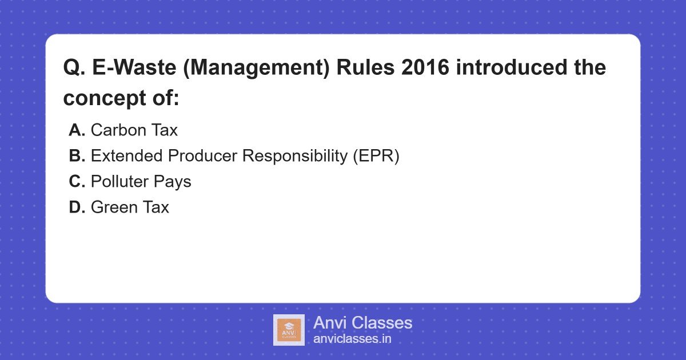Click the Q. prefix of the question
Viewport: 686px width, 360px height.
pos(74,68)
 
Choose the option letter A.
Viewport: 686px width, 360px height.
pos(77,130)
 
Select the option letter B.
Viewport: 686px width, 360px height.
pos(77,156)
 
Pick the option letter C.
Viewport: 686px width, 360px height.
pos(77,182)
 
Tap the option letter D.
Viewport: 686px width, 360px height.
pos(77,207)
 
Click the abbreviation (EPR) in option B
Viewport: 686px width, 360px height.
pos(375,156)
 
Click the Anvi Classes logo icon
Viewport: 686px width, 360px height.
pos(289,330)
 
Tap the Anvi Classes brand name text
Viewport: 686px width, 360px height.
pos(362,323)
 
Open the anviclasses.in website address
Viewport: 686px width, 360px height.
pos(352,339)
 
